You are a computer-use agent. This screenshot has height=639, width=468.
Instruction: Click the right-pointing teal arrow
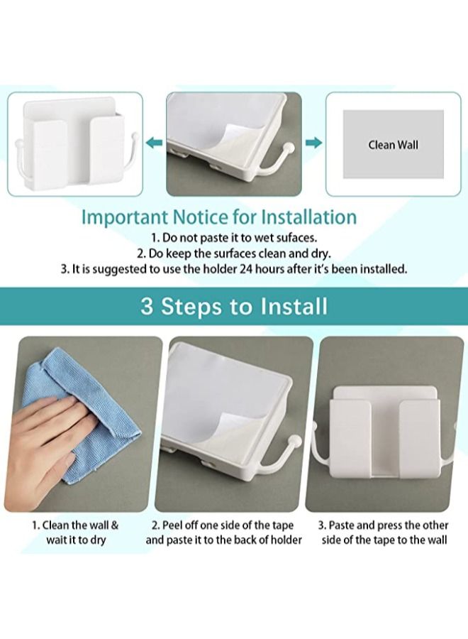click(x=313, y=143)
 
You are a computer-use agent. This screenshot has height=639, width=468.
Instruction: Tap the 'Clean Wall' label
click(x=393, y=145)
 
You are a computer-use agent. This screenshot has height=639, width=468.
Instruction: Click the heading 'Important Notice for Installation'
click(x=219, y=217)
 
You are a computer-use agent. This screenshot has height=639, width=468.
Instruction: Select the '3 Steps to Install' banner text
click(x=233, y=306)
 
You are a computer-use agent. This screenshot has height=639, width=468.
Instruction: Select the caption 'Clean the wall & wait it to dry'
click(x=76, y=532)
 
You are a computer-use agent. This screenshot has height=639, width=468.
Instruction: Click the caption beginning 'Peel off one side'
click(x=223, y=532)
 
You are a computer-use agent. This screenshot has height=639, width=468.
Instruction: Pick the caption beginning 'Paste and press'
click(x=384, y=532)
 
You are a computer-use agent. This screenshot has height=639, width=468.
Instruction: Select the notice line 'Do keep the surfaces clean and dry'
click(x=233, y=253)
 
